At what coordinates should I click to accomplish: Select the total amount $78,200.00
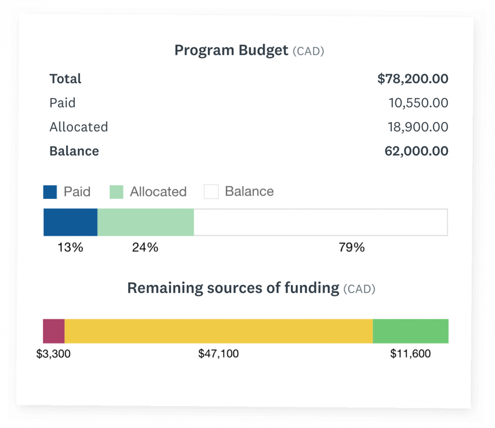coord(412,79)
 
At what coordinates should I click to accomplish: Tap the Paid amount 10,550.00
coord(418,103)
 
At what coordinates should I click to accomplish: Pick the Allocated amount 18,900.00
coord(418,127)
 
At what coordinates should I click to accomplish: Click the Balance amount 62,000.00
coord(416,151)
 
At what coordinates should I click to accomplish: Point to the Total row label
coord(66,79)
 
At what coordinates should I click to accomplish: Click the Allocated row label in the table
coord(79,127)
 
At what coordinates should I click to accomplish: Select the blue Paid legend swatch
coord(50,192)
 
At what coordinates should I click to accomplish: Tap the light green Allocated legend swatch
coord(116,192)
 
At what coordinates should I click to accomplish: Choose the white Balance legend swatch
coord(211,192)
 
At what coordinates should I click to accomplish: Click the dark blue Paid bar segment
coord(71,223)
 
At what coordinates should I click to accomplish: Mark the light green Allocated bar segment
coord(146,223)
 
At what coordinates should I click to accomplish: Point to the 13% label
coord(70,248)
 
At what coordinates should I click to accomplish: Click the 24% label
coord(145,248)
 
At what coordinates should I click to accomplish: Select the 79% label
coord(352,248)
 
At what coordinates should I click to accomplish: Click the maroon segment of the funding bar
coord(54,331)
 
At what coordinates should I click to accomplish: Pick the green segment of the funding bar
coord(410,331)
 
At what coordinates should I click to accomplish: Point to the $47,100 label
coord(218,354)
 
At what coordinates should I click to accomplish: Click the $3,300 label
coord(54,354)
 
